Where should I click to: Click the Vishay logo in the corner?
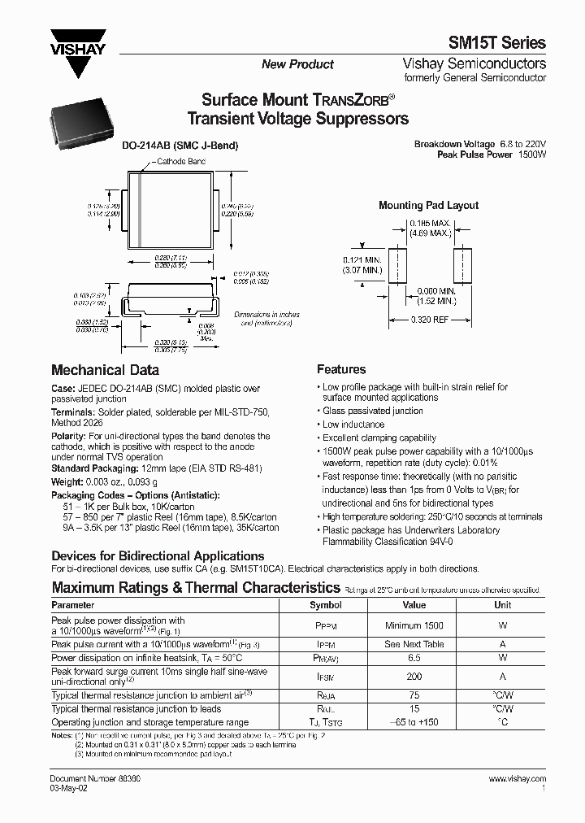pos(78,50)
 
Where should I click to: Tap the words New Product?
pos(297,64)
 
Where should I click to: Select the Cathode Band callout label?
pos(181,162)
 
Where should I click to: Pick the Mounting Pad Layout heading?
pos(428,206)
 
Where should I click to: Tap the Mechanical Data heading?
pos(99,368)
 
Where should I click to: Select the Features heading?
pos(341,369)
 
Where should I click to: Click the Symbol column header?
pos(326,605)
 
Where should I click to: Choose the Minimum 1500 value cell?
pos(414,625)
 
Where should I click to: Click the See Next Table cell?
pos(414,644)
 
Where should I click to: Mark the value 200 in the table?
pos(414,676)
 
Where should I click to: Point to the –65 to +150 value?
pos(414,722)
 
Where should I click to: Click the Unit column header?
pos(503,605)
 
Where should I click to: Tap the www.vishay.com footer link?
pos(518,779)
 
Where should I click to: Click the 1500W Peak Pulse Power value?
pos(531,154)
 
